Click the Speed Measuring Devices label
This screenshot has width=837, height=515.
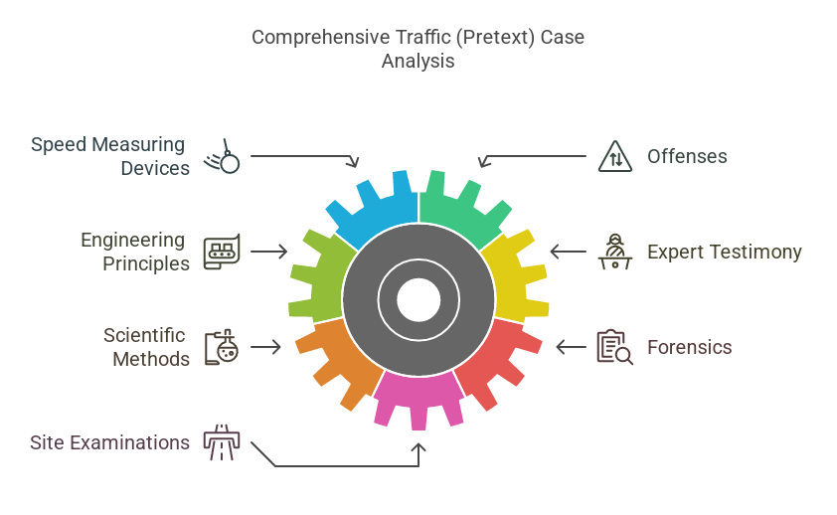(x=109, y=156)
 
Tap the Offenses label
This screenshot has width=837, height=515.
(x=687, y=156)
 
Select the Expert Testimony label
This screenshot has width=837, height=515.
(x=724, y=252)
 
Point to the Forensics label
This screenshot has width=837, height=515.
(x=689, y=347)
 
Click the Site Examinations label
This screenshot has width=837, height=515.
(x=109, y=442)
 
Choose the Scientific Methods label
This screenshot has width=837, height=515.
(x=146, y=347)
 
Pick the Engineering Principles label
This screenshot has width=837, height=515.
(x=134, y=252)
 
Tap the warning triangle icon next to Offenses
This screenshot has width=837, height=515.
(x=615, y=156)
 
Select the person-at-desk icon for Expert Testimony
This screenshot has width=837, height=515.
(x=615, y=252)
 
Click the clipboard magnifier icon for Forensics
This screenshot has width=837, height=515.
(x=614, y=347)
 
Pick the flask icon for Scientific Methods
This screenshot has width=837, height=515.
(x=220, y=347)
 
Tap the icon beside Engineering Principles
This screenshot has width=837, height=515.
(x=221, y=252)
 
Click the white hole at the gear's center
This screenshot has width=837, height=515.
(x=418, y=298)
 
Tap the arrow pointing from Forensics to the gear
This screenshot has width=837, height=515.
(x=571, y=347)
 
